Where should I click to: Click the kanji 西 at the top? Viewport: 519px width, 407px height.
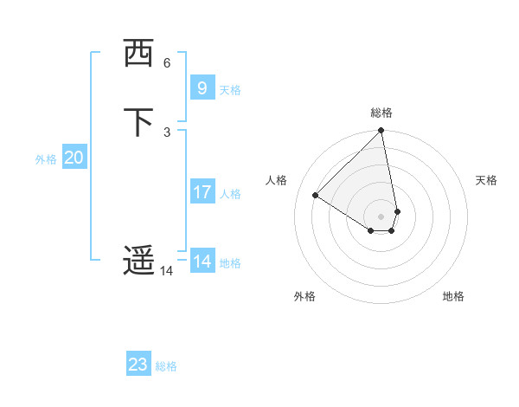pos(138,54)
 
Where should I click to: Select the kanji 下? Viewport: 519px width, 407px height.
pos(138,122)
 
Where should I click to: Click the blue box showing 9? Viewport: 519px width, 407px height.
pos(202,87)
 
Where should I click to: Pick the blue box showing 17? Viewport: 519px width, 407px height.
pos(202,192)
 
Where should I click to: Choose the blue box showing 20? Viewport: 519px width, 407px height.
pos(74,158)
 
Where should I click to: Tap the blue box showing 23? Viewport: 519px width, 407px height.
pos(138,365)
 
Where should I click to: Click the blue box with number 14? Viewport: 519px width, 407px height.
pos(202,262)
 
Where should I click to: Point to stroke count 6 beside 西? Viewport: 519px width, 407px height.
pos(167,63)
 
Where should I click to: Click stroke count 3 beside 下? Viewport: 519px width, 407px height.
pos(167,132)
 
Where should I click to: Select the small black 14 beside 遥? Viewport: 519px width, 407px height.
pos(166,271)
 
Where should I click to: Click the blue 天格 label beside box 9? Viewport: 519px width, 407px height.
pos(230,90)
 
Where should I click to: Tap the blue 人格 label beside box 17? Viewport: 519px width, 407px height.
pos(231,194)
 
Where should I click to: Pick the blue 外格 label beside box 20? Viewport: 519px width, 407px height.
pos(46,159)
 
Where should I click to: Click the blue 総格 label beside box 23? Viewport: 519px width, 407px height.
pos(166,366)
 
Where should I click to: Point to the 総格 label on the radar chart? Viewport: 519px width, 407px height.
pos(381,113)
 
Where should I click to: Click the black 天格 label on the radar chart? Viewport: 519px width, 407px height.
pos(486,180)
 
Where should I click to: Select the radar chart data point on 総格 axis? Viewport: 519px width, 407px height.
pos(381,132)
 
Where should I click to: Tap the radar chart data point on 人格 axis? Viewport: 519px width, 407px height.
pos(316,196)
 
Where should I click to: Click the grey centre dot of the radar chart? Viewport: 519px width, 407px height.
pos(381,216)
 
